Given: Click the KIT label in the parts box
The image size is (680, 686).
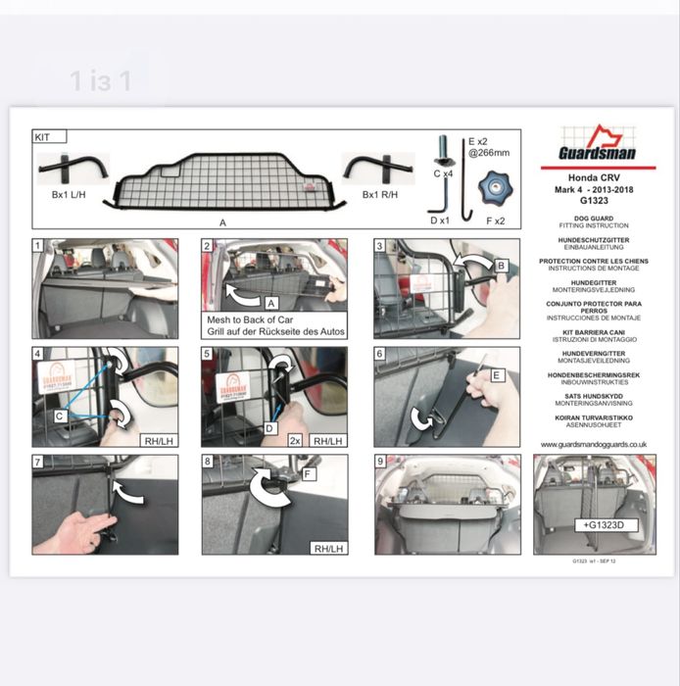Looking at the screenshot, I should coord(42,138).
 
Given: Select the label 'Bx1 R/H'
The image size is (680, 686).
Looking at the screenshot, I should coord(381,195).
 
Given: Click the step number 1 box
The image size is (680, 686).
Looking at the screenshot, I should coord(38,245).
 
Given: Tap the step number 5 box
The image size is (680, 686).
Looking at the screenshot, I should coord(208,353).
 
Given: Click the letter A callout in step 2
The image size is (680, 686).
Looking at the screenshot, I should coord(271,304).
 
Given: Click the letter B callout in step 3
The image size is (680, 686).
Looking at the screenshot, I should coord(501,265).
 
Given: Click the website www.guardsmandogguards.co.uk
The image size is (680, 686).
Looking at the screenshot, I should coord(594,444).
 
